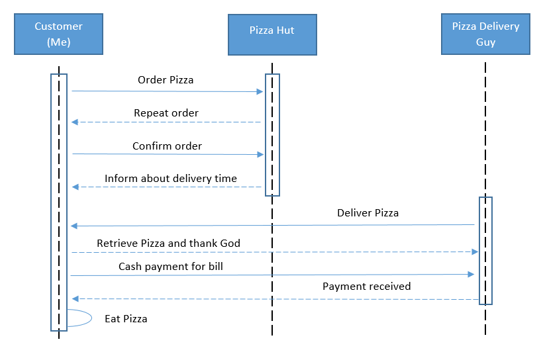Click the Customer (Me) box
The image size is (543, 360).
(x=58, y=34)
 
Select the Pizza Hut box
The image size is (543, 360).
(x=272, y=34)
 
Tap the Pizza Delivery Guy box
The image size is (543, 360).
(x=485, y=34)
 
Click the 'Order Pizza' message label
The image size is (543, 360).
(x=166, y=80)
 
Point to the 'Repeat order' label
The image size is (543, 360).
(x=166, y=113)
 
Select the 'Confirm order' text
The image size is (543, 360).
(x=167, y=146)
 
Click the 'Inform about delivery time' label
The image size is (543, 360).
(x=171, y=178)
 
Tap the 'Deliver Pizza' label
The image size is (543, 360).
(x=368, y=212)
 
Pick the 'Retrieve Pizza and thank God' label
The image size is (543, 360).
(x=168, y=243)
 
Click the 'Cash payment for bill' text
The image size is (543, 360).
(x=171, y=266)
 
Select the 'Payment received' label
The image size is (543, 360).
(x=367, y=287)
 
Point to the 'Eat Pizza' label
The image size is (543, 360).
(x=126, y=318)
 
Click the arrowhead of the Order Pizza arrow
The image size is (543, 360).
(x=260, y=92)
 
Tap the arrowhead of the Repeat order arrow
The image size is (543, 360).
(x=75, y=122)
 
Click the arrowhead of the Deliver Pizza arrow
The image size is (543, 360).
(x=74, y=226)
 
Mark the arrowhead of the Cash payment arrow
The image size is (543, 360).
(x=471, y=275)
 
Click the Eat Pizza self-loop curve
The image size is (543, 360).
(x=91, y=318)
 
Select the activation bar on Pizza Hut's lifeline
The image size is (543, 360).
(x=272, y=135)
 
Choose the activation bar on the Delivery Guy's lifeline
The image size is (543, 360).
(x=485, y=251)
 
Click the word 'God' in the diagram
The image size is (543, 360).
(x=230, y=243)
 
